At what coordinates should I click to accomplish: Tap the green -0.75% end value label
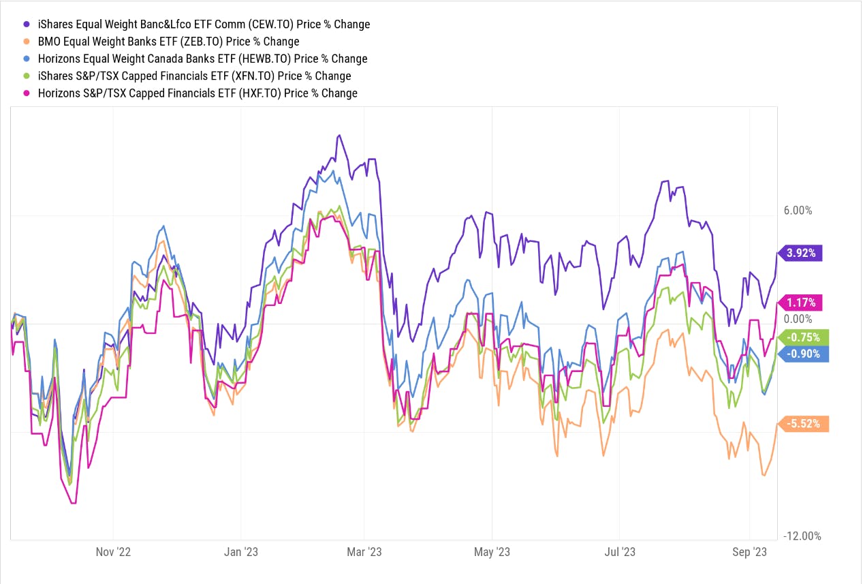point(804,337)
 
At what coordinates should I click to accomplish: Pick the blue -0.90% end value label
point(804,354)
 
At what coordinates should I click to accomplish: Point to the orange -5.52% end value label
point(804,424)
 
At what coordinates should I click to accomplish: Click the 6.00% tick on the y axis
point(798,211)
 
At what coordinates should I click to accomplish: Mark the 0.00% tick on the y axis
point(798,319)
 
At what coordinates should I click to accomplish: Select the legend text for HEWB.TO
point(202,59)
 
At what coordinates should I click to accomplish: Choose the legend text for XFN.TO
point(194,76)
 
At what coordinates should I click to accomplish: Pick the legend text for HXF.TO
point(198,93)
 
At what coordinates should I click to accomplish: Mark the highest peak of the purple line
point(339,136)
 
